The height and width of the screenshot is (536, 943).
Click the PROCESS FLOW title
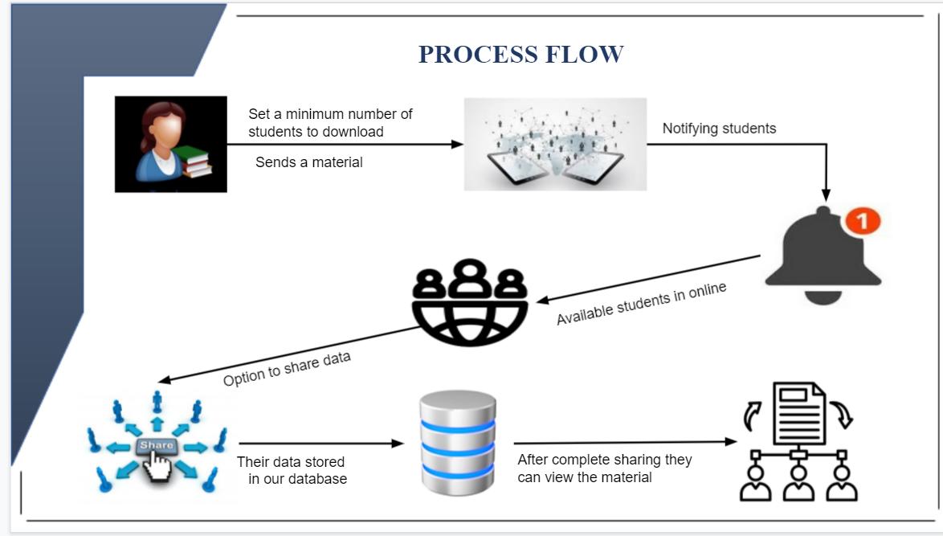(x=520, y=54)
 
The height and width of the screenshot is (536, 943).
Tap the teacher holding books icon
(x=171, y=145)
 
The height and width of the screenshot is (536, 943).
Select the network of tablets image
(x=555, y=145)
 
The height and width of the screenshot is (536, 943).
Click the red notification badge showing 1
(x=863, y=221)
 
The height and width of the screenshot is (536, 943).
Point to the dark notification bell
(x=823, y=256)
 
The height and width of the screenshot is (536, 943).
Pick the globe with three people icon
(x=470, y=302)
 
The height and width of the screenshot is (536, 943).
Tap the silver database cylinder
(x=459, y=443)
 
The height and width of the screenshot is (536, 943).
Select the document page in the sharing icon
(x=799, y=413)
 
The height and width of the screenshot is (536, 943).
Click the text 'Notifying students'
(x=719, y=128)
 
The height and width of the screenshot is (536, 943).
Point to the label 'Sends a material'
(x=309, y=162)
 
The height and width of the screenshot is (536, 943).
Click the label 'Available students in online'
(x=641, y=303)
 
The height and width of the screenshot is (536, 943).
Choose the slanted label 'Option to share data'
(x=286, y=368)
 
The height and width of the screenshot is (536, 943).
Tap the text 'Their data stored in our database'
(x=292, y=470)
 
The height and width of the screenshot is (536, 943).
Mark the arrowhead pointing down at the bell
(x=826, y=195)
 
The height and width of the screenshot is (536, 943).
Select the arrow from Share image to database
(x=321, y=444)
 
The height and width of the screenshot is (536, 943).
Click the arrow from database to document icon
(x=626, y=442)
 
